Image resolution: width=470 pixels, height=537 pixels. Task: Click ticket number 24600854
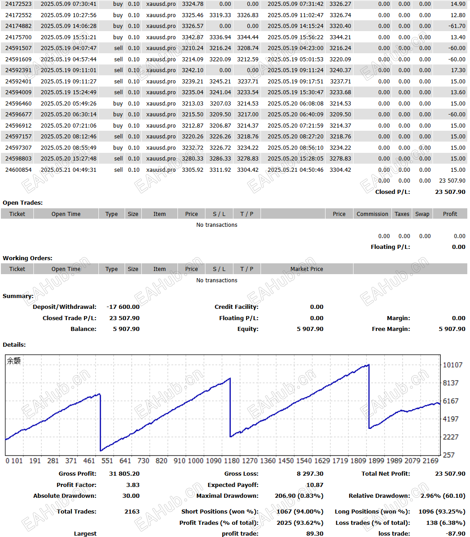pos(19,170)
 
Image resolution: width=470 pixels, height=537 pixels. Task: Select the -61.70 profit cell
pos(456,26)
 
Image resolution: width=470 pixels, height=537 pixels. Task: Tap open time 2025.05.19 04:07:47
pos(68,48)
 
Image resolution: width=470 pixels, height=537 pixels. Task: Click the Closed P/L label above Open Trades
pos(392,192)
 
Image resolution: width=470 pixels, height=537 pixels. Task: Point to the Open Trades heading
pos(23,202)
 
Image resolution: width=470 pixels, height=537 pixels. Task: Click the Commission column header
pos(372,214)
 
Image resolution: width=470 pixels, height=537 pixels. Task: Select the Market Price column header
pos(307,269)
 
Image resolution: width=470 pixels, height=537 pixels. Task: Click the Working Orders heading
pos(28,258)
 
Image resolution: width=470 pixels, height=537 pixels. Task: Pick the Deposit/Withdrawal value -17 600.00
pos(123,307)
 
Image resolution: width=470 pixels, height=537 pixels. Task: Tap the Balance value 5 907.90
pos(126,329)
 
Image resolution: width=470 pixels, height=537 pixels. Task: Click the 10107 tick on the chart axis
pos(452,365)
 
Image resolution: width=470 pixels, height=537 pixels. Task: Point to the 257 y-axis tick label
pos(448,455)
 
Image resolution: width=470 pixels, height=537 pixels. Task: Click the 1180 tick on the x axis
pos(232,460)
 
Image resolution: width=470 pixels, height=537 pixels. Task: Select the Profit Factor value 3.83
pos(133,485)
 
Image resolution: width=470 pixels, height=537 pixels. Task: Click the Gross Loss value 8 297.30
pos(310,473)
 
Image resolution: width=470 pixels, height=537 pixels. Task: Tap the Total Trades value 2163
pos(132,511)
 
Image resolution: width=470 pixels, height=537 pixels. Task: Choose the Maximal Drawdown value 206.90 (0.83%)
pos(299,496)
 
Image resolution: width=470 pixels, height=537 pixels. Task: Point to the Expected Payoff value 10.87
pos(315,485)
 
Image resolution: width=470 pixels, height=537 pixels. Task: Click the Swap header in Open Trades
pos(422,214)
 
